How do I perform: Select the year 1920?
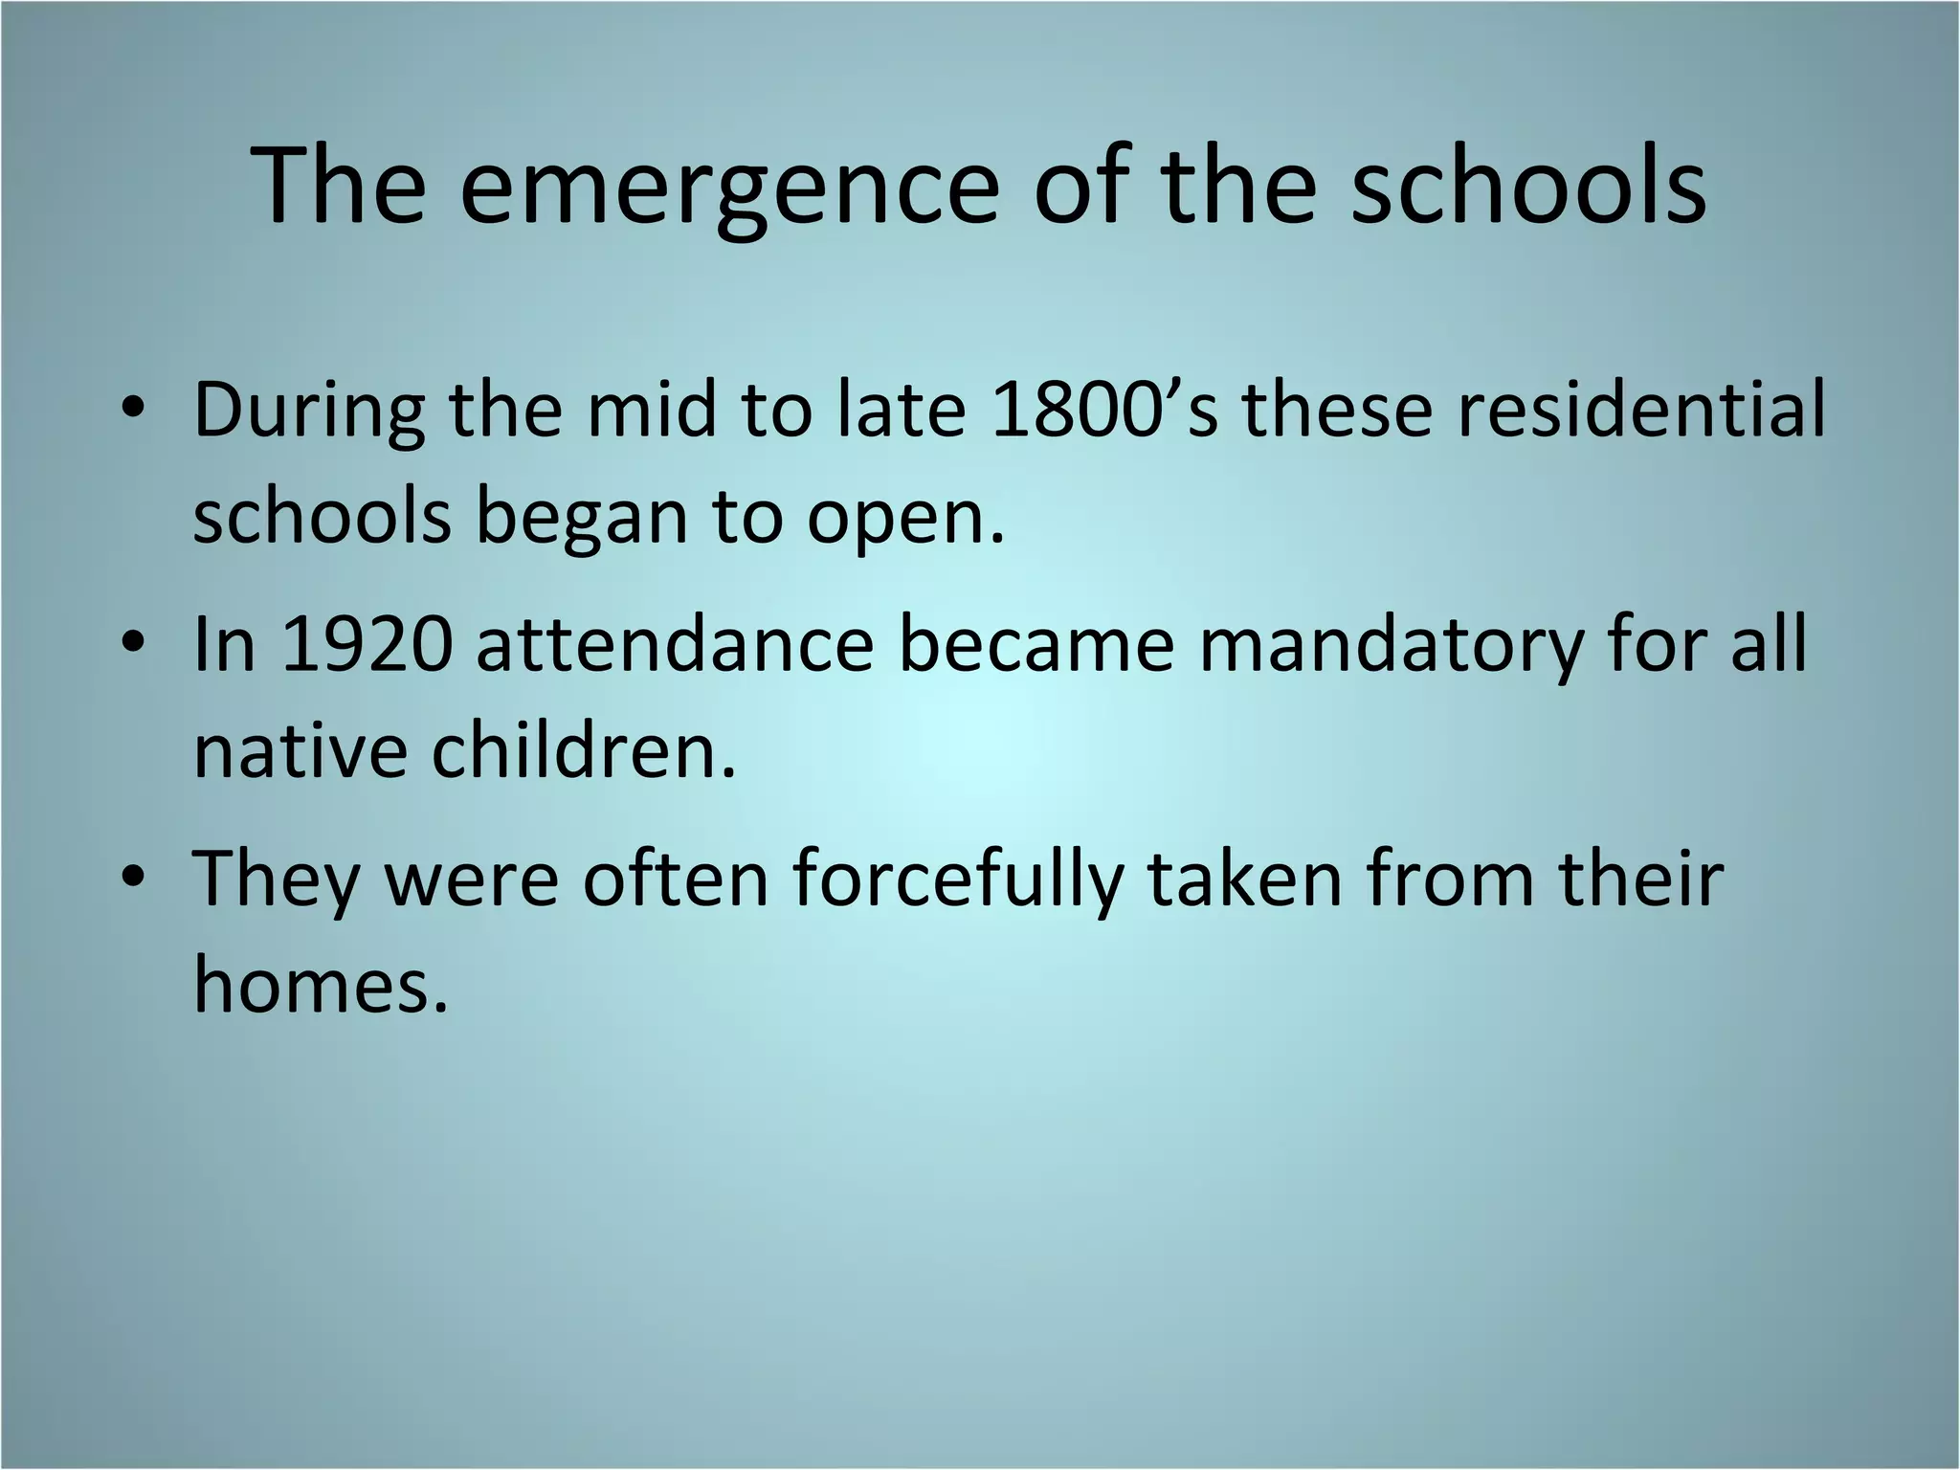tap(367, 644)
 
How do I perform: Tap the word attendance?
tap(675, 644)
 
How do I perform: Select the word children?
tap(583, 751)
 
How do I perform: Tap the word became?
tap(1036, 644)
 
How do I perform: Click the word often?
tap(676, 879)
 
